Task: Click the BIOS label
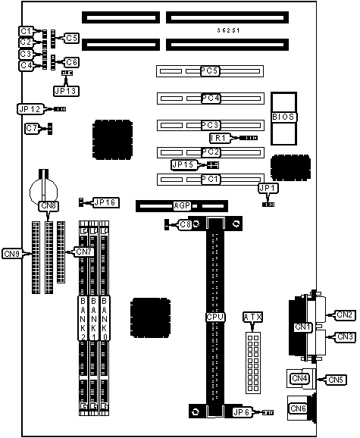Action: click(283, 117)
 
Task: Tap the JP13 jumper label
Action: click(66, 91)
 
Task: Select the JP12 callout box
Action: click(30, 109)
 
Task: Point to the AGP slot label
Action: click(182, 206)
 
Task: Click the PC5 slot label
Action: click(210, 71)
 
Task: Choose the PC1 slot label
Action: click(211, 179)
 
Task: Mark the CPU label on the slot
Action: click(215, 317)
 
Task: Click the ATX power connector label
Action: click(252, 317)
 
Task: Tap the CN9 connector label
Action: click(12, 254)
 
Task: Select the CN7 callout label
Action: click(84, 252)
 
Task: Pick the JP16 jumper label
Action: click(105, 202)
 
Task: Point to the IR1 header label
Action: click(220, 138)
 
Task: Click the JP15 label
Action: click(183, 164)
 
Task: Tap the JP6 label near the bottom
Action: click(242, 412)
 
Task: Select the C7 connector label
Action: click(32, 128)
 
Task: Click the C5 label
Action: click(72, 38)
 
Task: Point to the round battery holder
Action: click(43, 192)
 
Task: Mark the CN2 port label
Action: click(344, 314)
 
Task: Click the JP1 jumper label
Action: click(268, 189)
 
